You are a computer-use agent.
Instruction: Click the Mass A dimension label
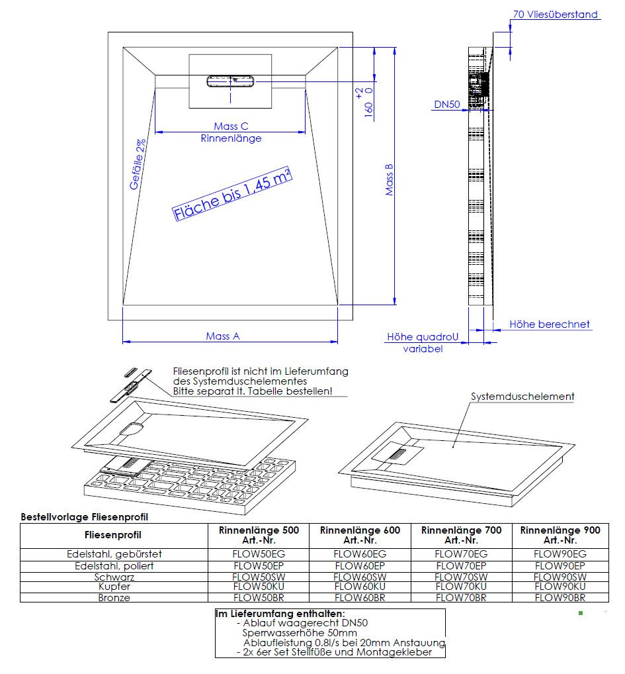tap(222, 336)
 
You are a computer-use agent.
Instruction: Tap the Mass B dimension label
tap(390, 179)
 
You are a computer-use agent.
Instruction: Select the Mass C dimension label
tap(231, 126)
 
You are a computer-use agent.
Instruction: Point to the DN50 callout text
tap(447, 105)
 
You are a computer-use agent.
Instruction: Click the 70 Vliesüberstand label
tap(555, 15)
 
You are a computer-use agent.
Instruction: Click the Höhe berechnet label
tap(550, 324)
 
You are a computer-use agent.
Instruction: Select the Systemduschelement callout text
tap(522, 397)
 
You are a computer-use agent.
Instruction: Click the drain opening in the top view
tap(231, 81)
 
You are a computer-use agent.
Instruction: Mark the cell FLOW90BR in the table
tap(560, 598)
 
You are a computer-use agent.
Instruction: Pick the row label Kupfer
tap(114, 587)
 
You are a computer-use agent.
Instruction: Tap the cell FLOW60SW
tap(360, 577)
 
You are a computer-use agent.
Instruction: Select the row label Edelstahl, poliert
tap(114, 565)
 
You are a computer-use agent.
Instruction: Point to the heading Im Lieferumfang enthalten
tap(280, 614)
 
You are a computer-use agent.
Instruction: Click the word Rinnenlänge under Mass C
tap(231, 138)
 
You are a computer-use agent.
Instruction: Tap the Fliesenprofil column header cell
tap(113, 535)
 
